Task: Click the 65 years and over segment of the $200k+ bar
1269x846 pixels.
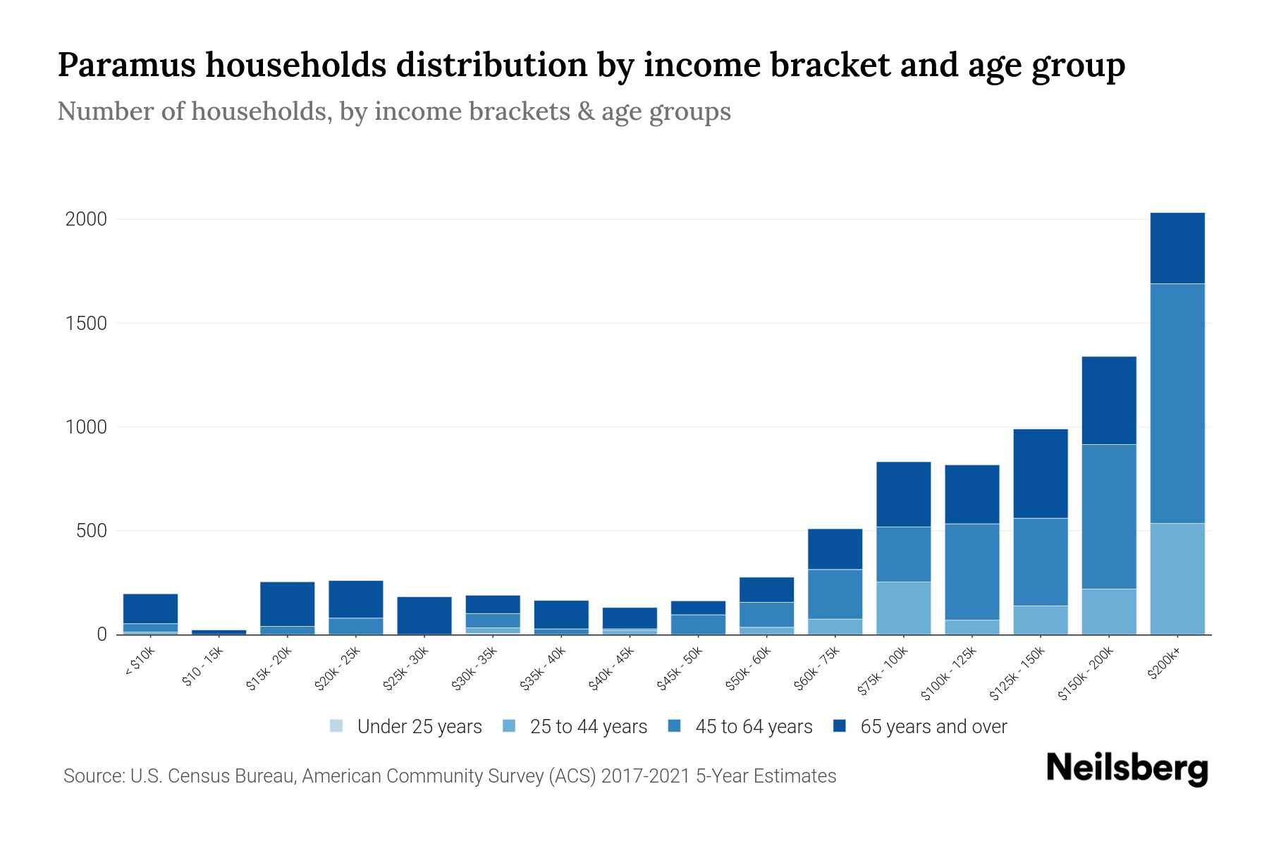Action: (1177, 248)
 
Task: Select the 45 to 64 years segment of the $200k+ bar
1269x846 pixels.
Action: (1177, 403)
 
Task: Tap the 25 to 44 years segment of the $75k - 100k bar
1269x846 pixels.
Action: (903, 608)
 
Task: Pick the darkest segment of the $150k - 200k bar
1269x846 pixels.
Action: (1109, 400)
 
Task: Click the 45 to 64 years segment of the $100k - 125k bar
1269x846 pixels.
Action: (971, 572)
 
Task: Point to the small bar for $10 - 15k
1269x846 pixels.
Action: (219, 632)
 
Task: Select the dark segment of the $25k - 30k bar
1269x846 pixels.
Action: (424, 615)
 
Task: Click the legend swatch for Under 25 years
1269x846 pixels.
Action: (337, 726)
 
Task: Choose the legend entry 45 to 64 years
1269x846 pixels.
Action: (753, 727)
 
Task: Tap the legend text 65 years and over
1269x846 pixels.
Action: (933, 727)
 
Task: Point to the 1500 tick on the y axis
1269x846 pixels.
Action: (86, 324)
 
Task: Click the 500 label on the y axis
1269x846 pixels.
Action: (91, 531)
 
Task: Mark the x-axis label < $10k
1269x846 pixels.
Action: (140, 662)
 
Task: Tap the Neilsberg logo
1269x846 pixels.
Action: (1127, 768)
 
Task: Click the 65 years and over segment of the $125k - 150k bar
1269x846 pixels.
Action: (1040, 474)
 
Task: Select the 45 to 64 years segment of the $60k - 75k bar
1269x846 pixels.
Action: (835, 594)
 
